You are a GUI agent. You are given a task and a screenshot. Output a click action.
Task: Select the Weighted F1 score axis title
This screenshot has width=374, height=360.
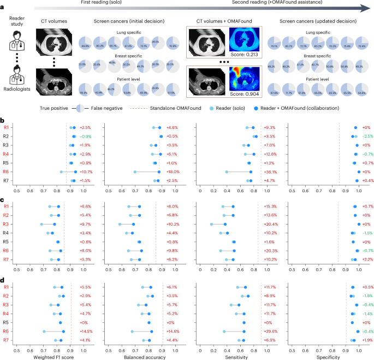tap(50, 356)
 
